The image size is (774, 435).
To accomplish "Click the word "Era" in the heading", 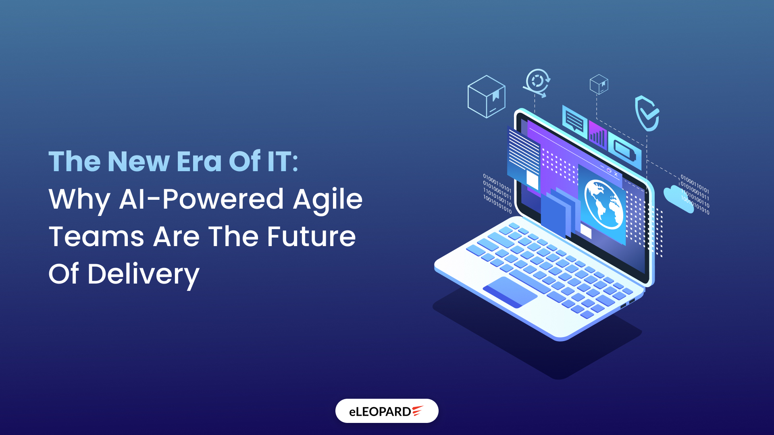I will [199, 162].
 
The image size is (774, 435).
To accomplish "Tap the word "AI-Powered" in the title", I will [201, 199].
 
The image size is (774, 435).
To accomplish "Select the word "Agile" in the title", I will [327, 199].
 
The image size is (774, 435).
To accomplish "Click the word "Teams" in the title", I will [96, 236].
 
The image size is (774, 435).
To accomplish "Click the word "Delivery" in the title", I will [143, 274].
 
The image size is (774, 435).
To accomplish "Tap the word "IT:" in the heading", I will [282, 162].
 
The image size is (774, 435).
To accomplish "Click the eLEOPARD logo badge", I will [387, 411].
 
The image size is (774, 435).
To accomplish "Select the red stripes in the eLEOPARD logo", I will [417, 410].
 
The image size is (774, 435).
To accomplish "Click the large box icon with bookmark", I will [486, 97].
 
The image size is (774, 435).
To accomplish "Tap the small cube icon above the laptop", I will [599, 84].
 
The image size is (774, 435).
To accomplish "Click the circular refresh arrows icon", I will [537, 82].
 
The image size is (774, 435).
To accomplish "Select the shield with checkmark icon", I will [647, 113].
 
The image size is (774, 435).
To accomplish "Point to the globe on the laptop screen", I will [603, 204].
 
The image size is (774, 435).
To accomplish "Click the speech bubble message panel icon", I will [574, 120].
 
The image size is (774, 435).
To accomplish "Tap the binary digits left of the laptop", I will [497, 194].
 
